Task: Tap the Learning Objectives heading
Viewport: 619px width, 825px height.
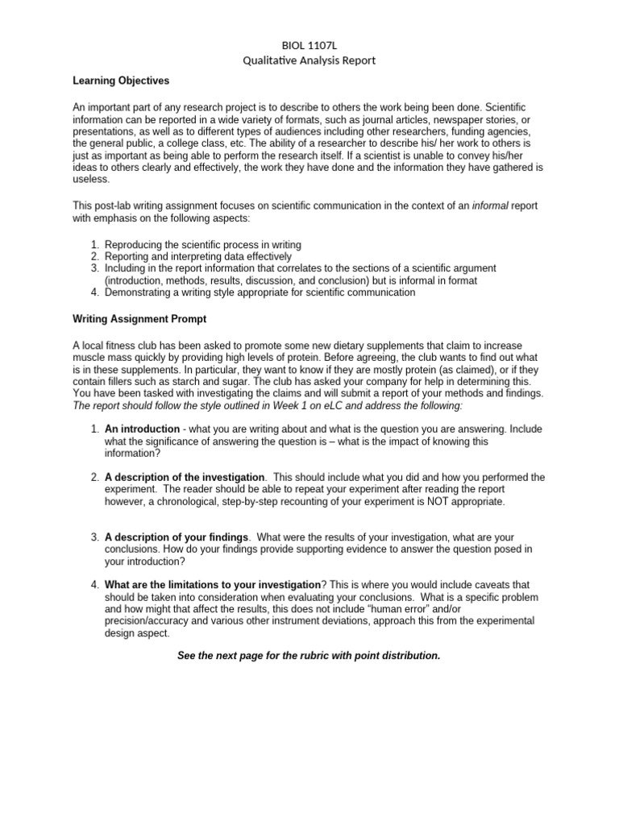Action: point(121,81)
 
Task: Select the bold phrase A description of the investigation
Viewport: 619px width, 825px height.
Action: point(185,478)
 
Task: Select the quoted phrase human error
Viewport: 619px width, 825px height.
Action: point(395,610)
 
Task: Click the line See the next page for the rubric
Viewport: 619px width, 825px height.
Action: point(309,655)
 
